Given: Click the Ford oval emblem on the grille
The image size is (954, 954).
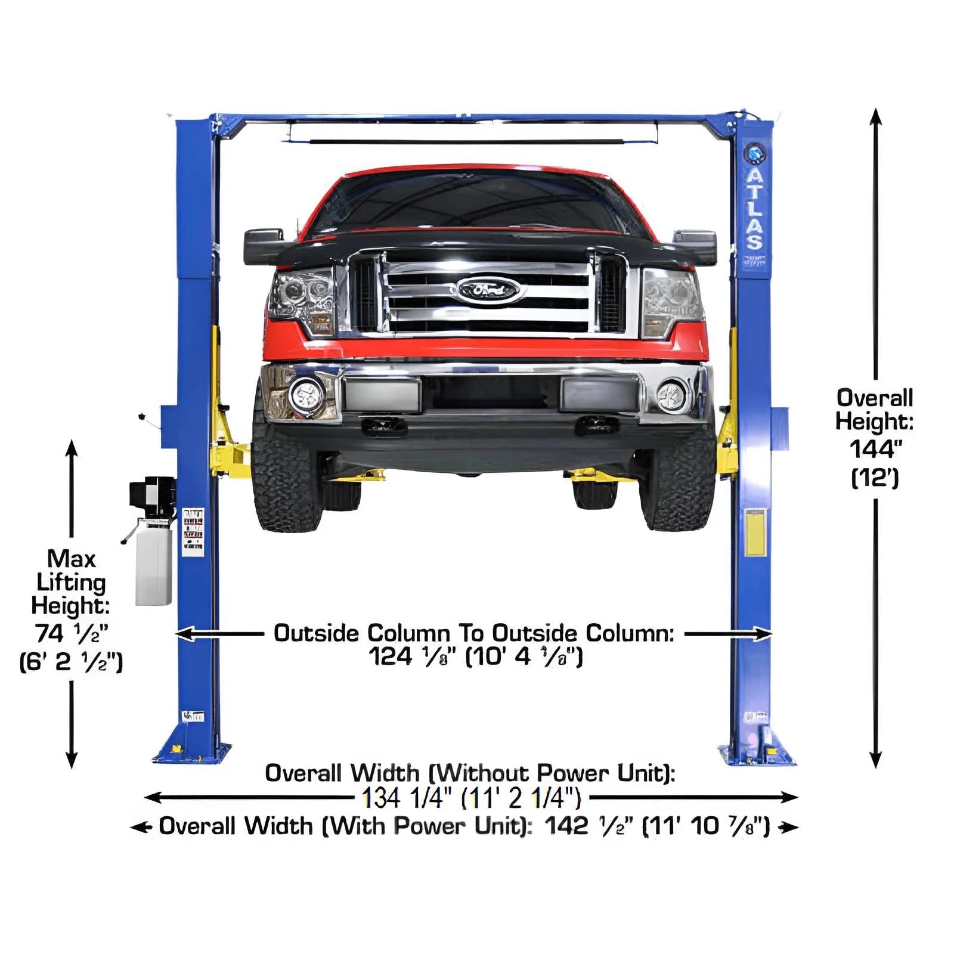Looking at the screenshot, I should pyautogui.click(x=488, y=290).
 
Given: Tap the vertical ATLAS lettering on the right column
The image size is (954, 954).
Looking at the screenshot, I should pyautogui.click(x=755, y=209).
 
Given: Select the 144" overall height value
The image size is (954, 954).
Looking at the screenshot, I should pyautogui.click(x=875, y=450).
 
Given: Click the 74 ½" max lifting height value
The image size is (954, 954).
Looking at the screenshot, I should pyautogui.click(x=72, y=633).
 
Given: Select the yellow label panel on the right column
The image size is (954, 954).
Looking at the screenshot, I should pyautogui.click(x=755, y=532).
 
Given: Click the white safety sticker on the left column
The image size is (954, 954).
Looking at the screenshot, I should pyautogui.click(x=193, y=532).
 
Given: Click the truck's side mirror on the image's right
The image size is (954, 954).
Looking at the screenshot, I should pyautogui.click(x=695, y=246).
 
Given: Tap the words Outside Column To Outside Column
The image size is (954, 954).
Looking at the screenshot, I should pyautogui.click(x=473, y=633).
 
